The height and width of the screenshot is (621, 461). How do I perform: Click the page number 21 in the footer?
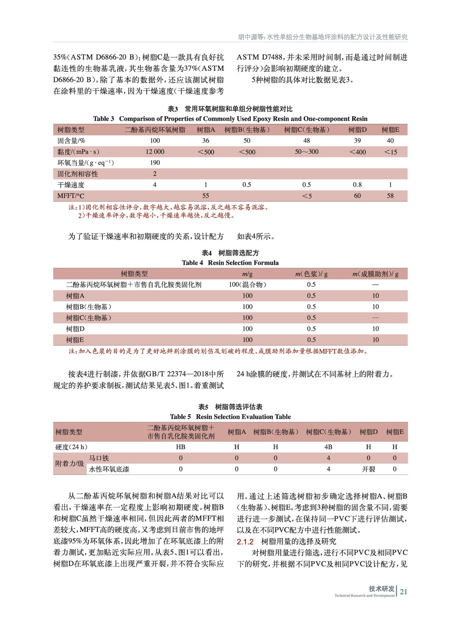point(404,592)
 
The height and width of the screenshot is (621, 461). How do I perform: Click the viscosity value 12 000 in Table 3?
point(155,152)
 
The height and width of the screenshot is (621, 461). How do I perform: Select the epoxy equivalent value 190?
point(155,163)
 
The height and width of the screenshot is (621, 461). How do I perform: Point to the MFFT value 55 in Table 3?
point(205,196)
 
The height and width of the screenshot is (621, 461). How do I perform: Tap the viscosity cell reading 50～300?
point(306,152)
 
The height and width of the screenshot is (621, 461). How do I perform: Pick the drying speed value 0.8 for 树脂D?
point(357,185)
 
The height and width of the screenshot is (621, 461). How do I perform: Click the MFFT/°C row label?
point(71,196)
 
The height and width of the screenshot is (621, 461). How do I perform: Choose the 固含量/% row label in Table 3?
point(71,141)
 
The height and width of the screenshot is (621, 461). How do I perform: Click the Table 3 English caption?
point(230,119)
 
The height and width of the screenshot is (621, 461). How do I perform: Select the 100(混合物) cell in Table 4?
point(247,284)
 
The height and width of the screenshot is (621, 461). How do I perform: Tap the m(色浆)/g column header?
point(311,274)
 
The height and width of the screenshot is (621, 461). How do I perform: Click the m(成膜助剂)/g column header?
point(375,274)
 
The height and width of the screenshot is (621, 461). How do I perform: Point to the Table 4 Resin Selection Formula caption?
point(230,263)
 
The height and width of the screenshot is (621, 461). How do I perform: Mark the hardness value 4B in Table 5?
point(328,447)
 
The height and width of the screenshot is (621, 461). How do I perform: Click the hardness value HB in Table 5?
point(181,447)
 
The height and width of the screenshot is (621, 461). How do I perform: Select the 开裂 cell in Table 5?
point(368,469)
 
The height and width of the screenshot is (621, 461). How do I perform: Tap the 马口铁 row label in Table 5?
point(99,458)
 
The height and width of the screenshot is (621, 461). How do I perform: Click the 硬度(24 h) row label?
point(71,447)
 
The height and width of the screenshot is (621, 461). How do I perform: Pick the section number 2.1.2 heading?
point(245,541)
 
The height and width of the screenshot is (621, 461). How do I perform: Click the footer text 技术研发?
point(381,588)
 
